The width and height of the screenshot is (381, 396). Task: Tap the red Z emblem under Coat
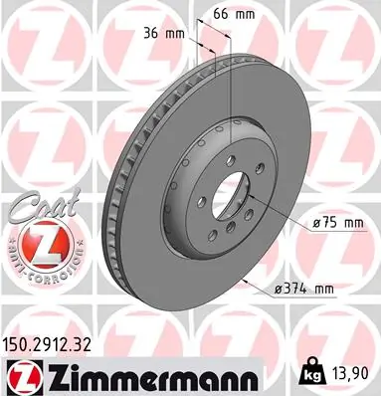click(36, 243)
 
